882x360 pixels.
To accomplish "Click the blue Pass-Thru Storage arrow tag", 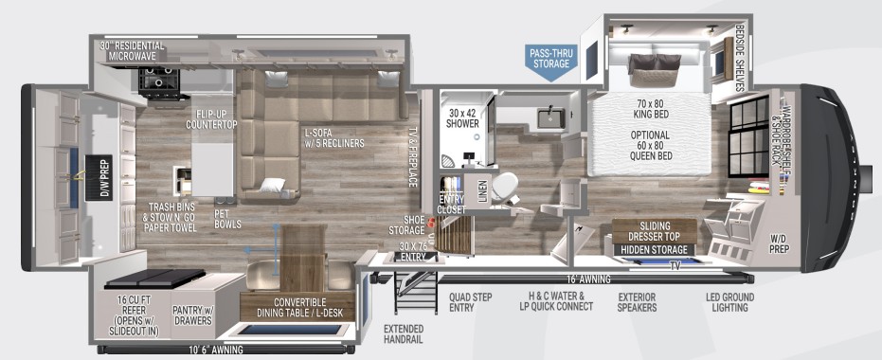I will [x=550, y=59].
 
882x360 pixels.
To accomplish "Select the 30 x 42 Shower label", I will [x=463, y=119].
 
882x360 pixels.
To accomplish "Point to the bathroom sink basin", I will [x=549, y=117].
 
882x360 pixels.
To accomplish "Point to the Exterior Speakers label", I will [x=637, y=300].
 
